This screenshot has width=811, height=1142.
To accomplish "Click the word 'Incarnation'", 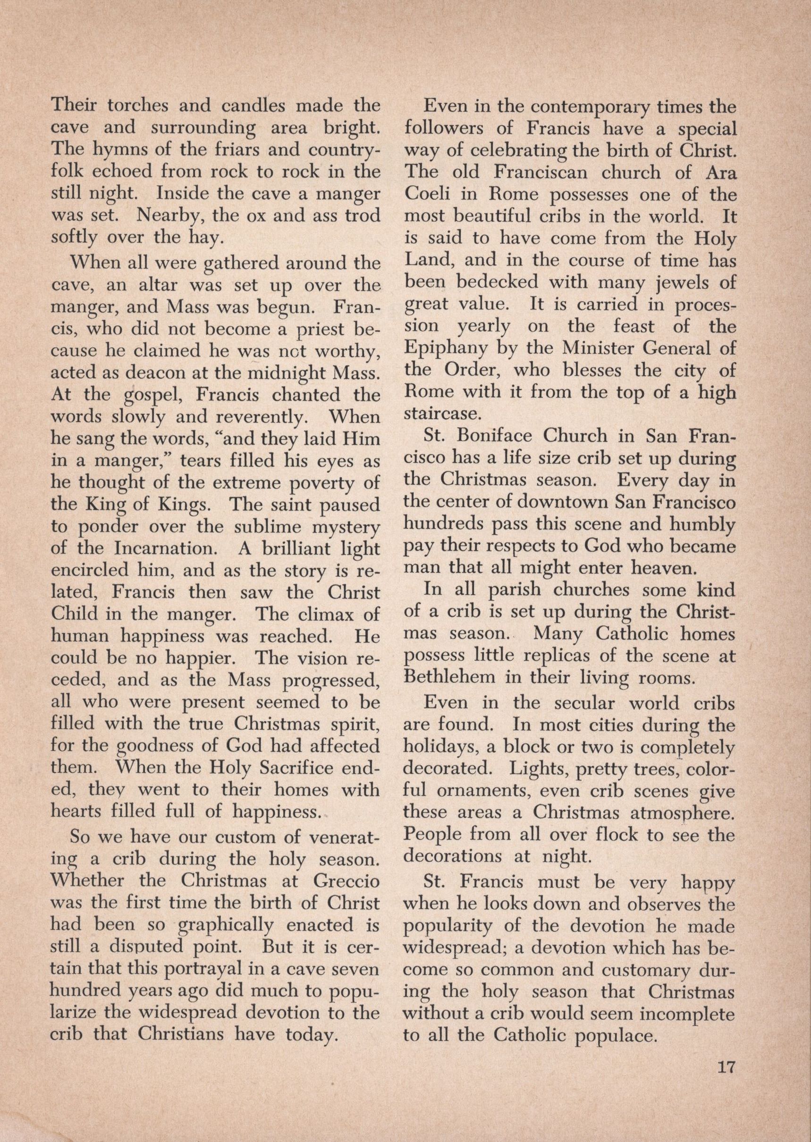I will [165, 548].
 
